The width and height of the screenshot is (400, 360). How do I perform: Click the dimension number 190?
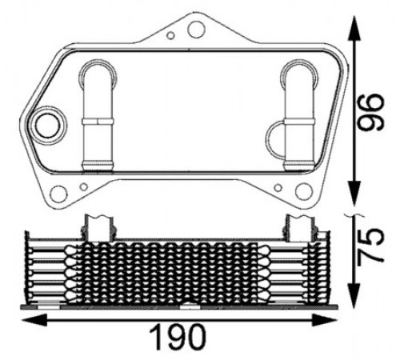178,337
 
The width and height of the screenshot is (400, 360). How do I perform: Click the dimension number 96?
370,112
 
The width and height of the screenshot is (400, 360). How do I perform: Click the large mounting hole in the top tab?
197,29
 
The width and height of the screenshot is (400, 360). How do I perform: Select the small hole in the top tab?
170,35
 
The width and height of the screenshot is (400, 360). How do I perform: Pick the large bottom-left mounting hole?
58,194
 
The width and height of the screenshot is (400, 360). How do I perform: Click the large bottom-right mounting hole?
304,192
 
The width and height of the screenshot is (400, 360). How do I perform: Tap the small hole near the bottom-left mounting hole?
84,187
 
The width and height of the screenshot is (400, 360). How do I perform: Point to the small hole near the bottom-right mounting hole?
278,188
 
